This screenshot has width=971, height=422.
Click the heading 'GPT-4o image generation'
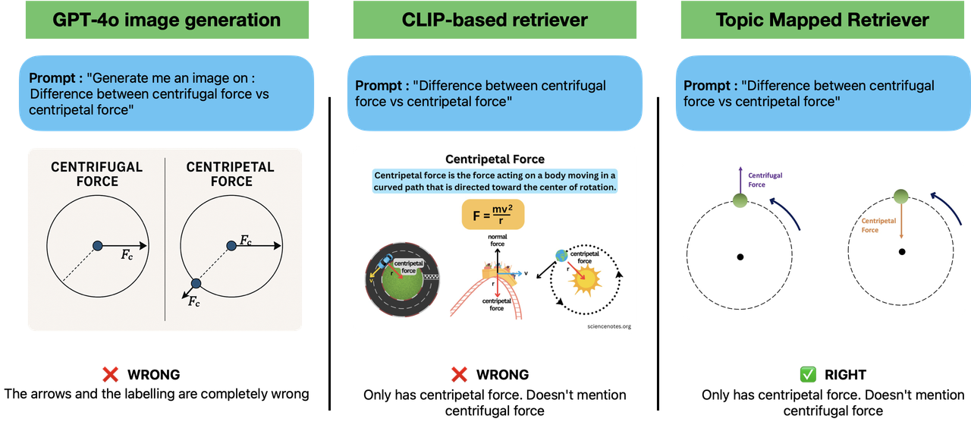(x=166, y=20)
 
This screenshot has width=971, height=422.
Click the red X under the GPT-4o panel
(x=110, y=373)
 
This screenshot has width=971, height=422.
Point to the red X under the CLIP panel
(x=459, y=373)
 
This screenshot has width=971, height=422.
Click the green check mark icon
(x=806, y=373)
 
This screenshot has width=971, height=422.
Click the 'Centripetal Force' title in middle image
(x=495, y=159)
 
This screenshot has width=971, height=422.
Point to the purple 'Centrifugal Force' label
(x=765, y=180)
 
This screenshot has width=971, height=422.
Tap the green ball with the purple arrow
(x=740, y=201)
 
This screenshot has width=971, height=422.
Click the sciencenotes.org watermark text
(x=608, y=326)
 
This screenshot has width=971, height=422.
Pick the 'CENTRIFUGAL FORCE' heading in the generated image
(x=96, y=174)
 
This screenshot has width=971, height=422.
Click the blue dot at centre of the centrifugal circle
(x=97, y=244)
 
